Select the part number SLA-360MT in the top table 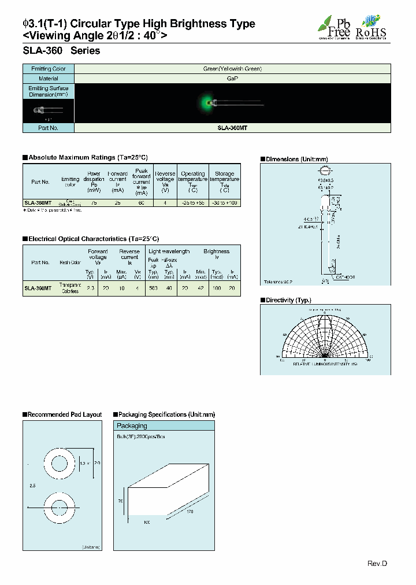pyautogui.click(x=232, y=128)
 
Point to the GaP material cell pyautogui.click(x=232, y=78)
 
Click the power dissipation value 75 pyautogui.click(x=94, y=203)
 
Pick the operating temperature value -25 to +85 pyautogui.click(x=192, y=203)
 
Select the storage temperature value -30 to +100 pyautogui.click(x=225, y=203)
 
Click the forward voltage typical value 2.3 pyautogui.click(x=90, y=287)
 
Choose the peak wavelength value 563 pyautogui.click(x=153, y=287)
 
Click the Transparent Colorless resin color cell pyautogui.click(x=70, y=288)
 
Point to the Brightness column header pyautogui.click(x=217, y=251)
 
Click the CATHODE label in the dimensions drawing pyautogui.click(x=344, y=277)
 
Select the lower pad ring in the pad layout pyautogui.click(x=60, y=508)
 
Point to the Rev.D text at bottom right pyautogui.click(x=377, y=564)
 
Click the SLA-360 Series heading pyautogui.click(x=61, y=51)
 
